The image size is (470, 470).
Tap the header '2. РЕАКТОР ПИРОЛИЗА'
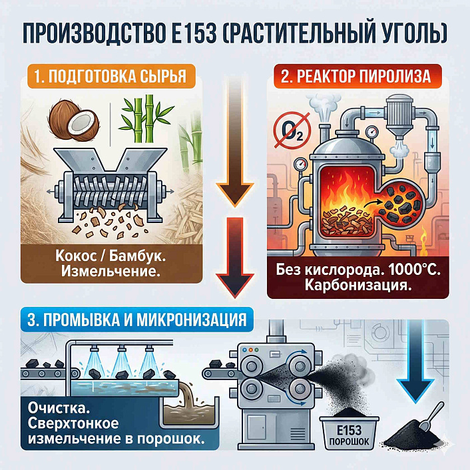355,75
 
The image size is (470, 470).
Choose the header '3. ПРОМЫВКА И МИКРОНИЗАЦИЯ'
137,318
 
